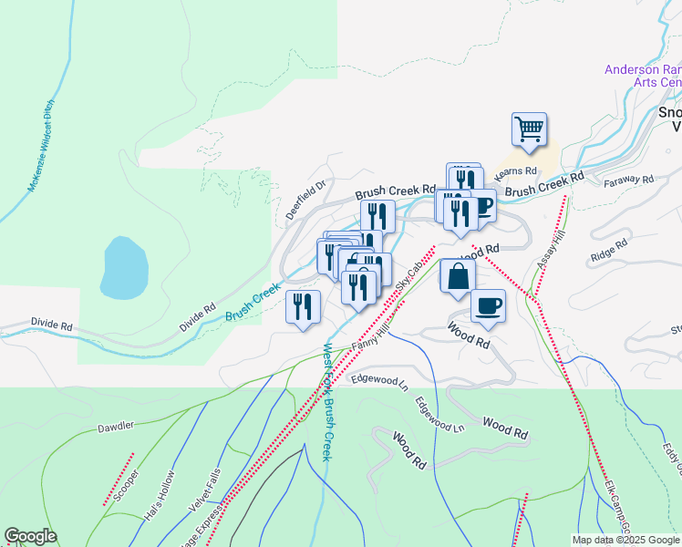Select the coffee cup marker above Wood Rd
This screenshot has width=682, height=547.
(488, 306)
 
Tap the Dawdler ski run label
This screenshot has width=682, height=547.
(116, 427)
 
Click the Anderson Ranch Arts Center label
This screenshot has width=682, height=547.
(644, 76)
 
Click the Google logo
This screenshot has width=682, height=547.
(30, 536)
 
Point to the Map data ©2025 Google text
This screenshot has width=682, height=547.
(625, 540)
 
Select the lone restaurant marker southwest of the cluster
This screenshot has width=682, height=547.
(303, 308)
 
